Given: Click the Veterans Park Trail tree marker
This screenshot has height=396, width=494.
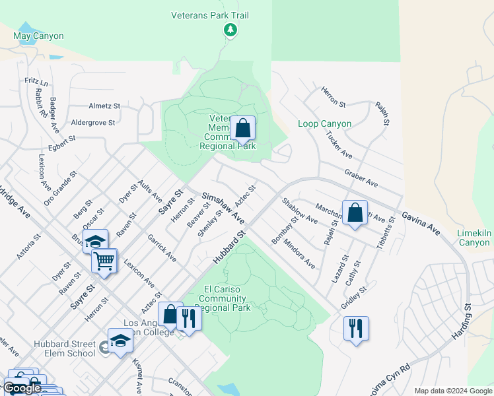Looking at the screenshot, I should coord(230,30).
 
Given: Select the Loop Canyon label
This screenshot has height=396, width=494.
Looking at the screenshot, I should coord(324,123).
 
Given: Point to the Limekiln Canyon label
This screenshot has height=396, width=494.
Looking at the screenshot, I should coord(474,238).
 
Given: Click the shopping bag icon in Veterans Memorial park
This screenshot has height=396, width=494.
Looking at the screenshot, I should coord(243,128).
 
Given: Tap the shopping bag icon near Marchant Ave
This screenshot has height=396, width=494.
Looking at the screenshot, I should coord(355,213).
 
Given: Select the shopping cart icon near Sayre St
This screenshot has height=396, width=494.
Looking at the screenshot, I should coord(104,262).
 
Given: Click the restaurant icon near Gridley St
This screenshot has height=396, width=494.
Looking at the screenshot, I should coord(356,328).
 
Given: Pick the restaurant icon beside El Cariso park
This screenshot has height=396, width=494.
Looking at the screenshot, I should coord(189,319).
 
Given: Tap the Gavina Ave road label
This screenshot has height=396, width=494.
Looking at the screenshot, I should coord(420,222).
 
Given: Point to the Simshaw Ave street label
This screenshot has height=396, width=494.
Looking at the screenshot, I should coord(223,207).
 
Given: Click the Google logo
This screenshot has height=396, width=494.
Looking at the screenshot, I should coord(22,388).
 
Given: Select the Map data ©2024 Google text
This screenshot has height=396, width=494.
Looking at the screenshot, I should coord(452,391).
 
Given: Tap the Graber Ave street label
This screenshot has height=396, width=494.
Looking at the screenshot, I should coord(361,177).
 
